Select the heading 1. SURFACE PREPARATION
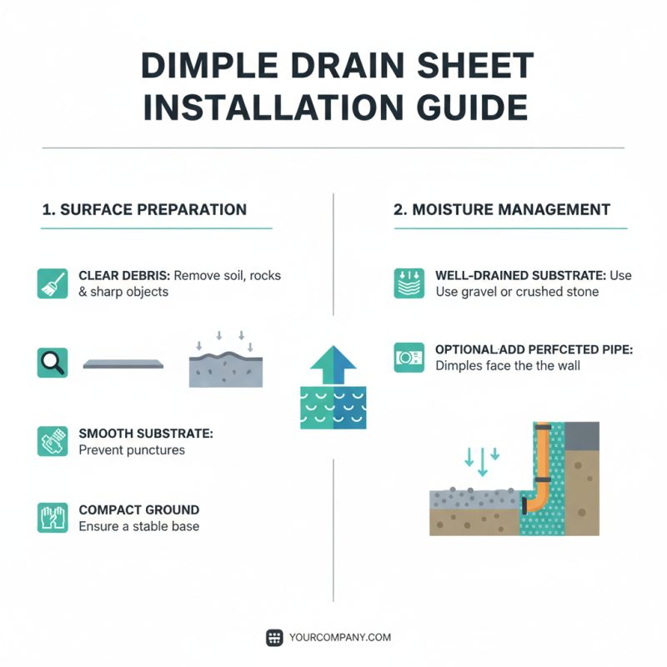pos(144,209)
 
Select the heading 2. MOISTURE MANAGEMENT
pos(502,209)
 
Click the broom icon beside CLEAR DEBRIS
pos(53,283)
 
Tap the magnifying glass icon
pos(53,364)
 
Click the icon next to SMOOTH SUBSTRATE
pos(53,441)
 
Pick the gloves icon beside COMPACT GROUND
pos(53,518)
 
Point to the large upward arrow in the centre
pos(333,365)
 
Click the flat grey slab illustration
pos(123,364)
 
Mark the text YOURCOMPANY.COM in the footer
pos(339,638)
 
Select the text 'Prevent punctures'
pos(131,450)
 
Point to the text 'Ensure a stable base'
pos(138,527)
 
